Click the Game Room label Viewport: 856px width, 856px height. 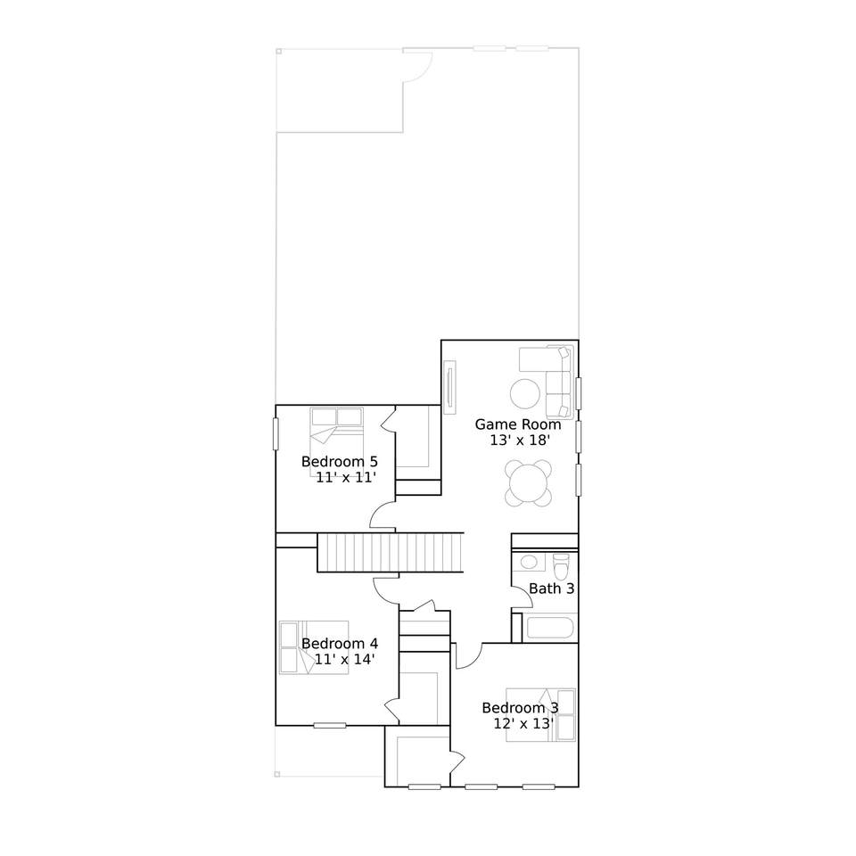click(517, 424)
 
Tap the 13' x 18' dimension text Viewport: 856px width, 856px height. click(519, 440)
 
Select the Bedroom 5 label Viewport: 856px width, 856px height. click(340, 461)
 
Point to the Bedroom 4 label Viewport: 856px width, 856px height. click(340, 644)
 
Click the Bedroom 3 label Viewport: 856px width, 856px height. click(520, 708)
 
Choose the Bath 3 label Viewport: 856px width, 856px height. click(551, 588)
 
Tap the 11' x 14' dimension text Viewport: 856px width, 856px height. click(344, 660)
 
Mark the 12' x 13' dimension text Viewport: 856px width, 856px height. click(524, 724)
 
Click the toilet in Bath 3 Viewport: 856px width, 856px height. click(561, 567)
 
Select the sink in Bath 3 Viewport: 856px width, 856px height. click(528, 562)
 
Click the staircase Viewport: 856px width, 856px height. click(391, 553)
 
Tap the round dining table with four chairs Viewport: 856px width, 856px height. click(528, 483)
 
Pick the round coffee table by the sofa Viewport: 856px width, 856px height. click(525, 393)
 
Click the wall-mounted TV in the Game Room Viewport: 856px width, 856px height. click(450, 388)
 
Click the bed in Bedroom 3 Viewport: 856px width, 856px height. click(540, 714)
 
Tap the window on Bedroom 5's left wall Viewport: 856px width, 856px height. click(276, 434)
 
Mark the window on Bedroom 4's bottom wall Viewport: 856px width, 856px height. click(330, 726)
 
